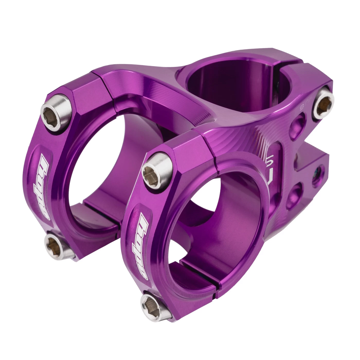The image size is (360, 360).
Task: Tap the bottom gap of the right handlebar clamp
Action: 217,285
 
